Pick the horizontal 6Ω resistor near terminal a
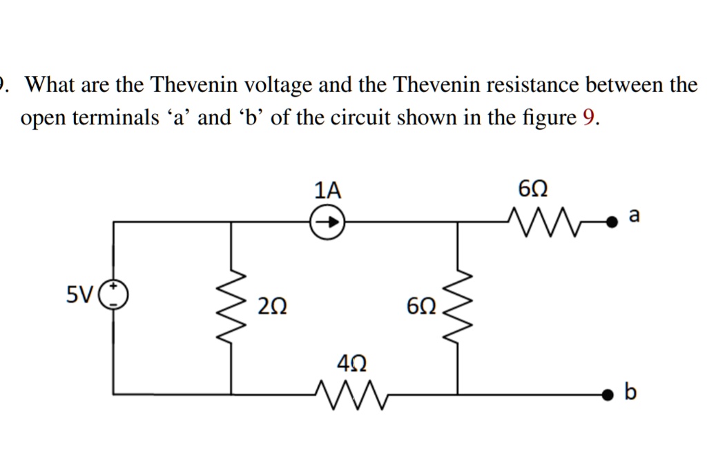(542, 221)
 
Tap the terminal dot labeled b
(607, 394)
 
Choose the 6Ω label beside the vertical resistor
(420, 307)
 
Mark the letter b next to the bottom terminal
(629, 393)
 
